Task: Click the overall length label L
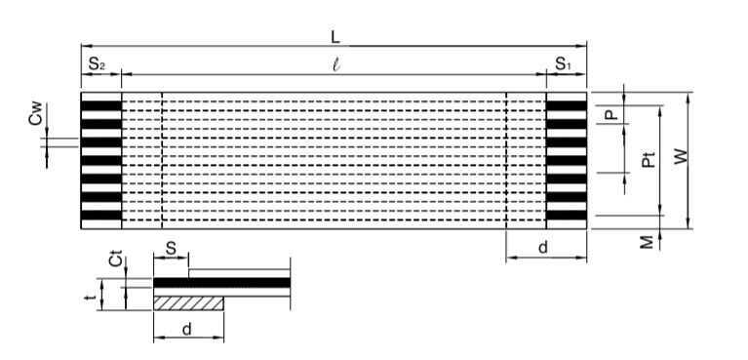pyautogui.click(x=335, y=38)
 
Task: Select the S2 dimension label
pyautogui.click(x=97, y=64)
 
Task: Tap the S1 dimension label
pyautogui.click(x=563, y=64)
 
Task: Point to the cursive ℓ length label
pyautogui.click(x=336, y=65)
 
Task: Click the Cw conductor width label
pyautogui.click(x=36, y=113)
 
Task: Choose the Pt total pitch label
pyautogui.click(x=649, y=159)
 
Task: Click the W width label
pyautogui.click(x=681, y=156)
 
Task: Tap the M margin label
pyautogui.click(x=647, y=243)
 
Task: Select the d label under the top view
pyautogui.click(x=543, y=248)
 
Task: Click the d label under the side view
pyautogui.click(x=187, y=329)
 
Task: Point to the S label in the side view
pyautogui.click(x=171, y=248)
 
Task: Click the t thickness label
pyautogui.click(x=89, y=298)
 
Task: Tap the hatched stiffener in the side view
pyautogui.click(x=188, y=303)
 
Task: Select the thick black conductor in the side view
pyautogui.click(x=221, y=283)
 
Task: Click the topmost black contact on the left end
pyautogui.click(x=101, y=105)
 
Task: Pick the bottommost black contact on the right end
pyautogui.click(x=567, y=215)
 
